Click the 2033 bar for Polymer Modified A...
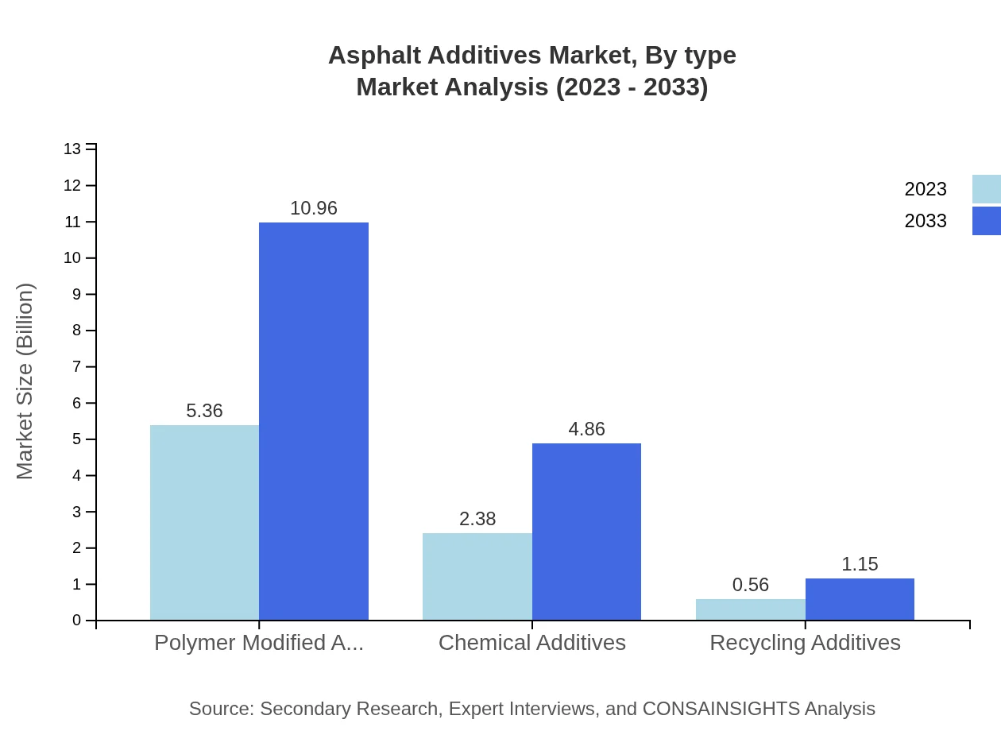coord(314,421)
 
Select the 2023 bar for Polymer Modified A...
coord(204,522)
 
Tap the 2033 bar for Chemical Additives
coord(586,532)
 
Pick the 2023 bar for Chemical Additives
coord(477,576)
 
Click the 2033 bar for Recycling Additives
coord(860,599)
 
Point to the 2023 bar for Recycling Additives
coord(750,609)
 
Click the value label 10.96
coord(314,208)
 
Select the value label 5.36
coord(204,411)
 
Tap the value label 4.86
coord(586,429)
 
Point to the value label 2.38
coord(477,519)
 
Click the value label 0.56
coord(751,585)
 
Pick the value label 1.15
coord(860,564)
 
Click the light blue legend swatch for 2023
coord(987,189)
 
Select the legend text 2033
coord(926,221)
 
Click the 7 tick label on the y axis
coord(77,367)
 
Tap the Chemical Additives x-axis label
coord(532,642)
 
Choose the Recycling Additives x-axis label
coord(805,642)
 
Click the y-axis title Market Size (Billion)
coord(25,381)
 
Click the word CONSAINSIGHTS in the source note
coord(720,708)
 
